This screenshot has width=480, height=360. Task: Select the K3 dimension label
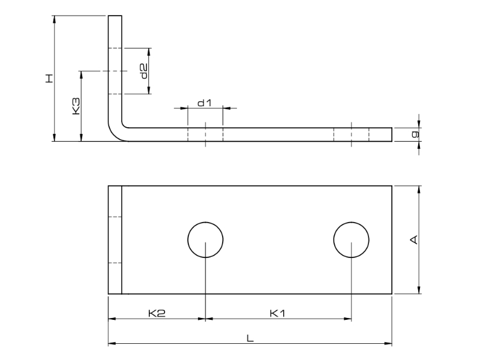(76, 107)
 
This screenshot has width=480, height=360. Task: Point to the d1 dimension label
(205, 103)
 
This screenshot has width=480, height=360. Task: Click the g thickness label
(414, 134)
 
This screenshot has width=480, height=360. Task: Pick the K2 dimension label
(157, 313)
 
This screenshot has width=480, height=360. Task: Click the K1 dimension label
(278, 313)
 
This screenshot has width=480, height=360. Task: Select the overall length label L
(250, 338)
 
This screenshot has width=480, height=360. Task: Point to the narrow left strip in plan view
(115, 240)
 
